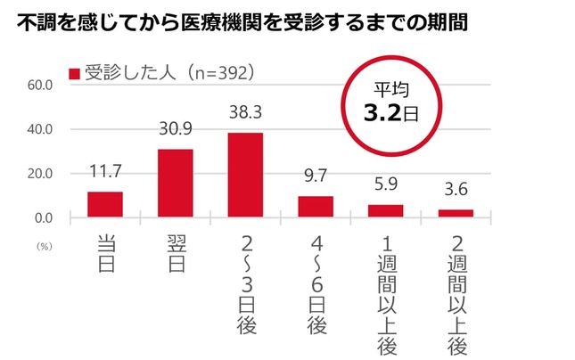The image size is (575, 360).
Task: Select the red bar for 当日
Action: [105, 204]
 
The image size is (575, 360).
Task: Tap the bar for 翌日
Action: [175, 183]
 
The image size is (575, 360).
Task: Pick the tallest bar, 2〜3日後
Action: [245, 175]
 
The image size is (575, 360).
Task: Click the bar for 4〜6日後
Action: [316, 206]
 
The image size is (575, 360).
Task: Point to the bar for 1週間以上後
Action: [385, 210]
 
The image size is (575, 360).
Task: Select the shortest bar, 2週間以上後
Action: [456, 213]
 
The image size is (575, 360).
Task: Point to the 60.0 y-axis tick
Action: [42, 86]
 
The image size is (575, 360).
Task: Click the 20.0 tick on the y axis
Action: [42, 174]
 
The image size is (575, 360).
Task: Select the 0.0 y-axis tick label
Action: [45, 217]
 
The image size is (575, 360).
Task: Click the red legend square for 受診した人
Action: [75, 73]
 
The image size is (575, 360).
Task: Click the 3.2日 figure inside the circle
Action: [384, 112]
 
